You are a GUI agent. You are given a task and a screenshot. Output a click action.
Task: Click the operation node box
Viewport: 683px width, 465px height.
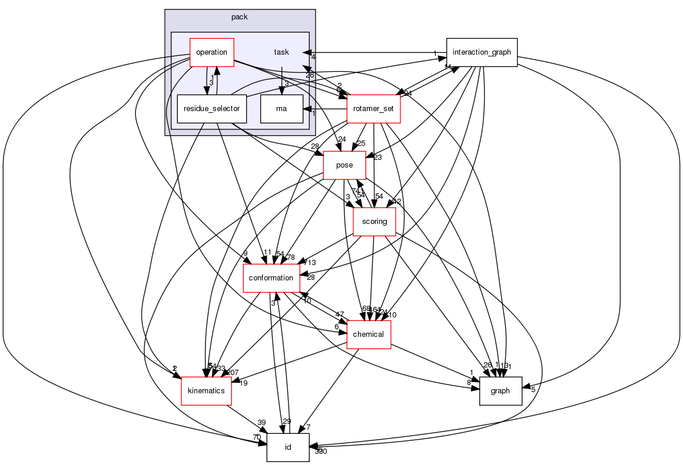point(211,52)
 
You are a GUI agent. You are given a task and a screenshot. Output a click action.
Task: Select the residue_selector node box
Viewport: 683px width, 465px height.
point(211,109)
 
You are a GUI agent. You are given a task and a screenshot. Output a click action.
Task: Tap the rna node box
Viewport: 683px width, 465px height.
point(281,109)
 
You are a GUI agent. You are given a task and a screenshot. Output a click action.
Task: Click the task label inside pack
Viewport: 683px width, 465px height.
point(281,52)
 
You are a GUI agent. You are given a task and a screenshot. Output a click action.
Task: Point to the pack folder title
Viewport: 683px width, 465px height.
point(239,17)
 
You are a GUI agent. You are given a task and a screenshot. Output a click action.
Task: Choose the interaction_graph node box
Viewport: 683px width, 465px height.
point(482,52)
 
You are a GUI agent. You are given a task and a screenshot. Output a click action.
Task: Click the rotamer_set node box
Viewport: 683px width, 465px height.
point(374,109)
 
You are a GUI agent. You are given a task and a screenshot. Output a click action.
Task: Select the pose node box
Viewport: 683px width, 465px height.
point(344,165)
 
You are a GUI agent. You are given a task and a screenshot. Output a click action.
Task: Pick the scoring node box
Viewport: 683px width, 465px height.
point(374,222)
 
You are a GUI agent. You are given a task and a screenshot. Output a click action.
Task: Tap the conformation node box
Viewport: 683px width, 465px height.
point(271,278)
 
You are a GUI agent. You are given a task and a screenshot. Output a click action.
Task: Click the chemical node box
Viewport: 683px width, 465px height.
point(369,334)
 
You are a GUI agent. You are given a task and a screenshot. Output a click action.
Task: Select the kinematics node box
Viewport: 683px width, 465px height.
point(206,391)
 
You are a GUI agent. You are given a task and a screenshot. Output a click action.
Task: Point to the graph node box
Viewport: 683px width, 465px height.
point(501,391)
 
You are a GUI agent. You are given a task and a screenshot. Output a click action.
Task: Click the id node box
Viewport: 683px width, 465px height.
point(288,447)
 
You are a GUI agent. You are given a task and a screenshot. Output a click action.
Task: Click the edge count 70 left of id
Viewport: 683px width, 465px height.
point(257,438)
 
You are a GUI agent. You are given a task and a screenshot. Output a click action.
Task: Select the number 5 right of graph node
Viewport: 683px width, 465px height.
point(533,389)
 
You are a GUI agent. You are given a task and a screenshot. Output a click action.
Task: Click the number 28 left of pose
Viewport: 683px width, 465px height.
point(315,146)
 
